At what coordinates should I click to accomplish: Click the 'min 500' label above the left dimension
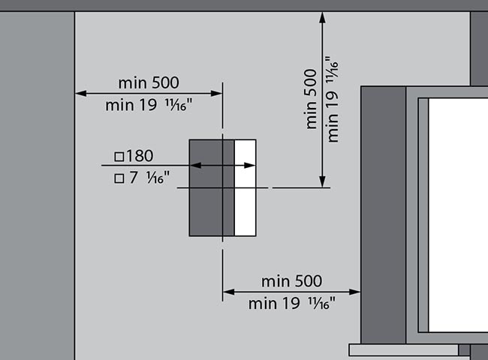(149, 82)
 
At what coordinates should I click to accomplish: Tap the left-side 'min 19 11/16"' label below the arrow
(149, 105)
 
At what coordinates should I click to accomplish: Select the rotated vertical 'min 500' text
(311, 99)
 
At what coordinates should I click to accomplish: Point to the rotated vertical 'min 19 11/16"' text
(332, 99)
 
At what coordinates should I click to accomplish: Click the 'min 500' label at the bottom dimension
(291, 281)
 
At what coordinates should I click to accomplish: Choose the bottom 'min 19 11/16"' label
(292, 304)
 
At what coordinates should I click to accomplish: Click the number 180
(140, 156)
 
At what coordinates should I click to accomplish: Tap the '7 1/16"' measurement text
(149, 178)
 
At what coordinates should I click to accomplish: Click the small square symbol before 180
(119, 156)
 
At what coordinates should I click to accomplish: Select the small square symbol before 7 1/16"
(119, 178)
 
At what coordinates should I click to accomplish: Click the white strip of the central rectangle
(246, 187)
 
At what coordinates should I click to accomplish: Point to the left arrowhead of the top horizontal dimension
(81, 93)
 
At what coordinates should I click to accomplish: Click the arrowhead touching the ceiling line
(322, 17)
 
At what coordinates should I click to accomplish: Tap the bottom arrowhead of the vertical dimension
(322, 181)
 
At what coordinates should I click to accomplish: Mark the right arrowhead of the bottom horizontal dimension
(355, 292)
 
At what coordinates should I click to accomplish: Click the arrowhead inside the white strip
(250, 166)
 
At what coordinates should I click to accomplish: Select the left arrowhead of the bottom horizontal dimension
(229, 292)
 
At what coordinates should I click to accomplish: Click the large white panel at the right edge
(458, 215)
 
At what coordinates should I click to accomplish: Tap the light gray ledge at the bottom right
(404, 350)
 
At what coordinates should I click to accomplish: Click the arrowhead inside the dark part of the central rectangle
(195, 166)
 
